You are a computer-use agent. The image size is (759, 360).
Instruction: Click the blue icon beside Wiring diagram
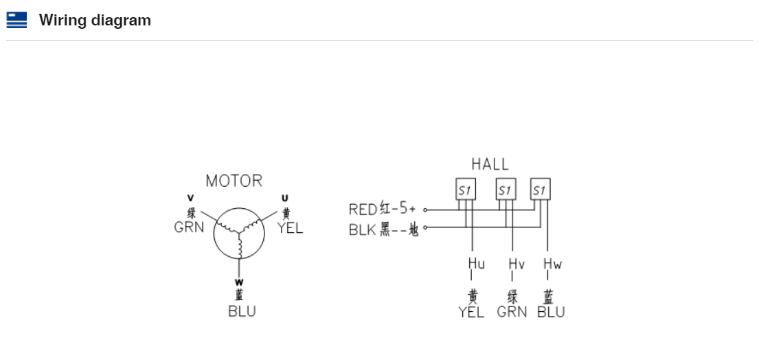16,20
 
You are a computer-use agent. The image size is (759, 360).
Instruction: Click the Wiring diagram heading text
95,20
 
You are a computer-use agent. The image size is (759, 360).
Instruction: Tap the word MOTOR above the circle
234,181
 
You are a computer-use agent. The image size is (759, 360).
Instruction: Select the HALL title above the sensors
490,164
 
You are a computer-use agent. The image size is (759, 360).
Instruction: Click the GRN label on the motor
189,227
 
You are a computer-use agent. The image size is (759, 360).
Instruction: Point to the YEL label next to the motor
290,228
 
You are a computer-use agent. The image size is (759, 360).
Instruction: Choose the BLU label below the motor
242,311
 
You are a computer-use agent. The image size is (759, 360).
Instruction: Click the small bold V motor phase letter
190,198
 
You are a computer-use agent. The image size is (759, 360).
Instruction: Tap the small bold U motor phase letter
285,199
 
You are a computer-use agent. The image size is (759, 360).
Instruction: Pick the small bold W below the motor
239,282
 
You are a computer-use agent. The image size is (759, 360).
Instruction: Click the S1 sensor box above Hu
466,189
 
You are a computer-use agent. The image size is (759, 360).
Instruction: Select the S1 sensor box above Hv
506,189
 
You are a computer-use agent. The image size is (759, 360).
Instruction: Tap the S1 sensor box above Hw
541,189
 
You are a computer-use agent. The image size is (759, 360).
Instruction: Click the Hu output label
476,263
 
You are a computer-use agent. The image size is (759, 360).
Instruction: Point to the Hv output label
517,263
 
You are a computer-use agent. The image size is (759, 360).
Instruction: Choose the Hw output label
552,263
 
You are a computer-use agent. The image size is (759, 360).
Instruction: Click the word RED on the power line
363,210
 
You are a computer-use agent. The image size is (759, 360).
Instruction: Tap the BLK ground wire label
363,230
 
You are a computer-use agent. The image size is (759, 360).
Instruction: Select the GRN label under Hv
512,312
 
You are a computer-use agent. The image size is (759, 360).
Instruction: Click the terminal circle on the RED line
425,210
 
